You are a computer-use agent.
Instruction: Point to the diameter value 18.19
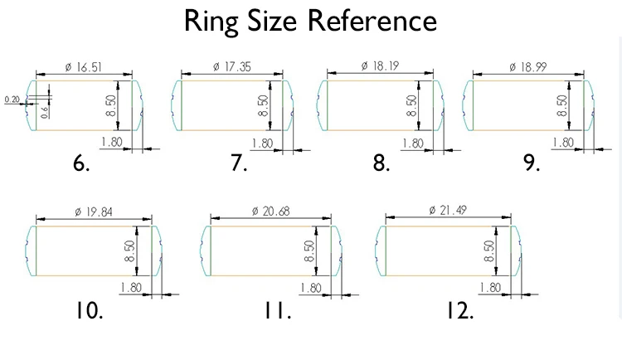381,66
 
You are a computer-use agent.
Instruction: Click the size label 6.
81,163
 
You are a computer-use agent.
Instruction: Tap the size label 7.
239,163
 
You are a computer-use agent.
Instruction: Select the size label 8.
381,163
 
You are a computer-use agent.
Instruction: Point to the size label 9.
532,163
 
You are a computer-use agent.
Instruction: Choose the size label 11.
278,311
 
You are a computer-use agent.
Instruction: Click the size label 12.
459,311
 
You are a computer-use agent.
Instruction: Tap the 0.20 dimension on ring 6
12,100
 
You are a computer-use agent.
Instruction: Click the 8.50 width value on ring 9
562,105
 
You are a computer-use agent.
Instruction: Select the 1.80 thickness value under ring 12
490,287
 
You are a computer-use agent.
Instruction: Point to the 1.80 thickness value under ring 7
262,143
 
